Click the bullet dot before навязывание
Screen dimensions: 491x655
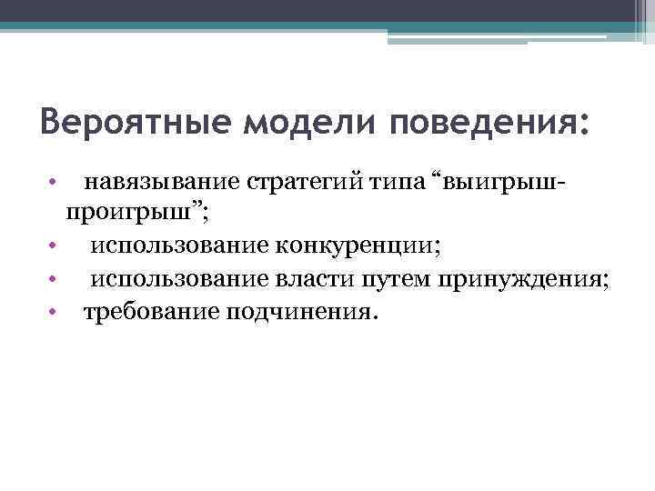click(55, 182)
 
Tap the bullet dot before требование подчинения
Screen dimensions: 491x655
click(55, 313)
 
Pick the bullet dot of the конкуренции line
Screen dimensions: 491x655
click(55, 247)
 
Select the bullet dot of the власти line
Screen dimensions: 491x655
click(55, 280)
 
